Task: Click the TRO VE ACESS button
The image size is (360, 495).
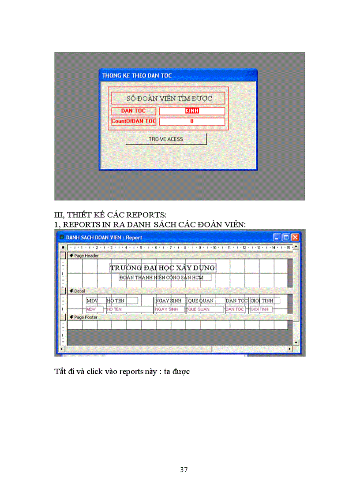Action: pos(166,139)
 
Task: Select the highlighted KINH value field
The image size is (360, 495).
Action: pos(192,111)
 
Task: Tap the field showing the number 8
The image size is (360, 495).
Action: pos(192,121)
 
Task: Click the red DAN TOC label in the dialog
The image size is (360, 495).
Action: pos(133,111)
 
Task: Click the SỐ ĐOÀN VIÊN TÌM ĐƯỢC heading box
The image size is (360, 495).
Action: pos(168,98)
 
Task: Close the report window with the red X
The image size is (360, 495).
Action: pos(295,238)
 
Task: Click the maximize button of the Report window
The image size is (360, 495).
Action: pos(286,238)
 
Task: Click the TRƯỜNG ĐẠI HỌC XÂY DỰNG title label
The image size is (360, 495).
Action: pos(162,268)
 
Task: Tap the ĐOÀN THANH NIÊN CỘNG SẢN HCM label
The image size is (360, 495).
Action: pos(165,278)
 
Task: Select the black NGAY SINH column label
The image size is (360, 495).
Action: pos(168,301)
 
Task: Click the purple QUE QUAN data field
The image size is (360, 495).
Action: pos(205,309)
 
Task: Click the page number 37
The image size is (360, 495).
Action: pos(184,470)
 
